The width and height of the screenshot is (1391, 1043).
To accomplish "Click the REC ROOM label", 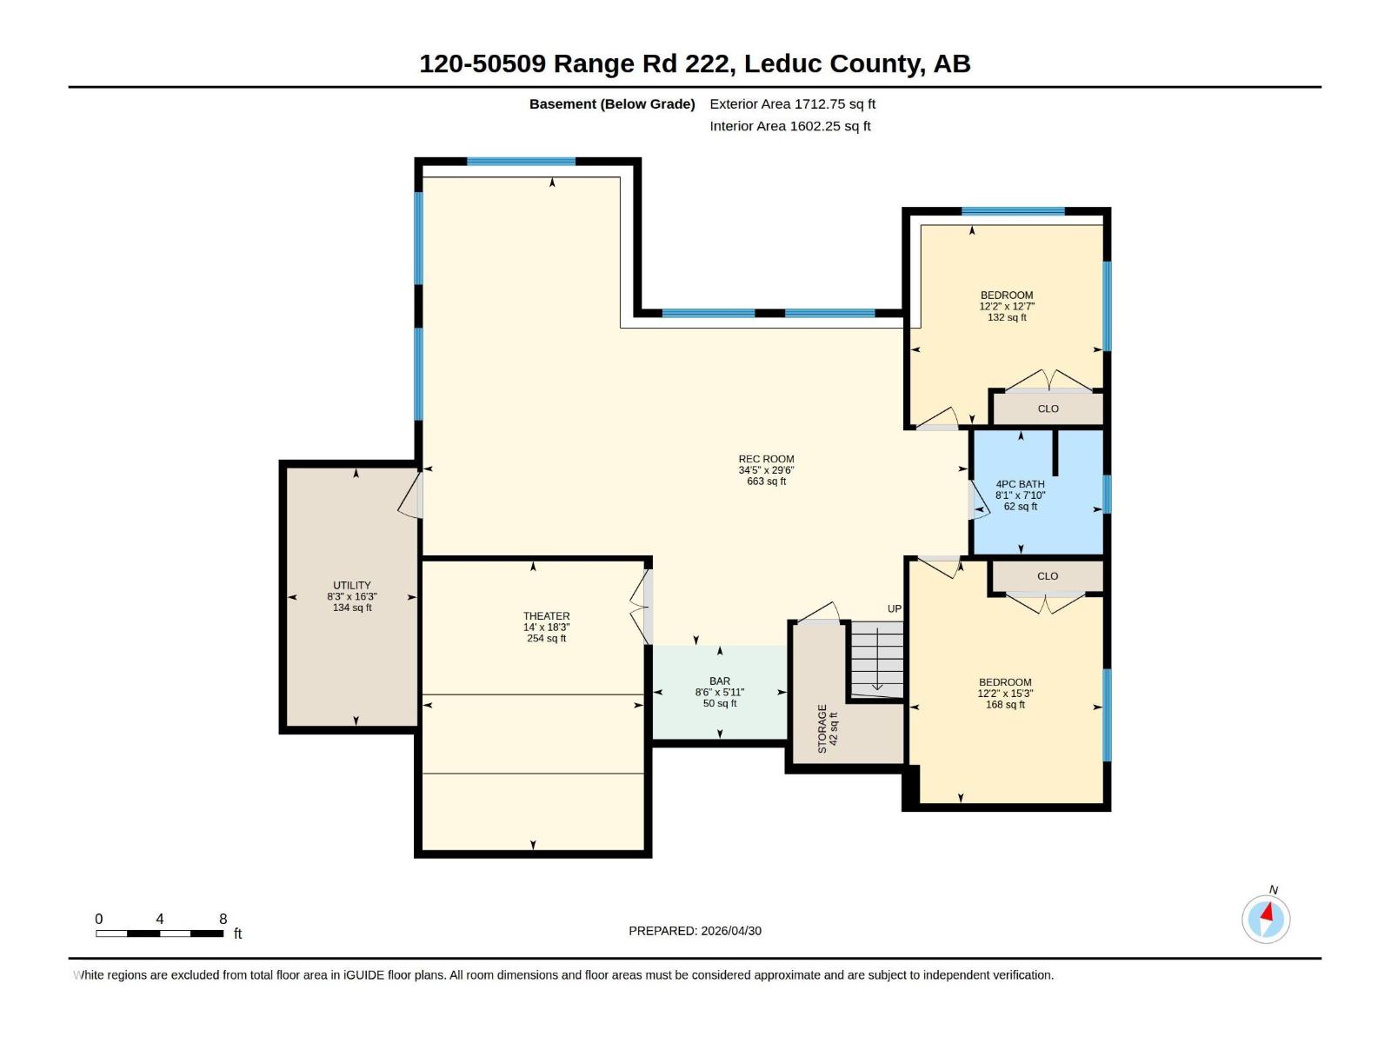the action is tap(766, 459).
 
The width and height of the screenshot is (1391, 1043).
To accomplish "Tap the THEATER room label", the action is tap(546, 616).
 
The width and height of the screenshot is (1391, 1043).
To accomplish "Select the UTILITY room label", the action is tap(352, 586).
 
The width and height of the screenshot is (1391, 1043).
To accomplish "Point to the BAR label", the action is tap(720, 681).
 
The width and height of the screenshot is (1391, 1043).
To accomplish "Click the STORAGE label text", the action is tap(822, 729).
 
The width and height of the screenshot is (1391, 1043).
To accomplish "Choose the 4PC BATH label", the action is tap(1021, 484).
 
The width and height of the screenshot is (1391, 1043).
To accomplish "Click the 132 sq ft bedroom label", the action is tap(1007, 296).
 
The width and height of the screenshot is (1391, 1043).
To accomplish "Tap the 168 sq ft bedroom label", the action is tap(1005, 682).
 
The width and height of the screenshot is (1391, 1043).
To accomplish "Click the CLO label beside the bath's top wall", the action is tap(1048, 409).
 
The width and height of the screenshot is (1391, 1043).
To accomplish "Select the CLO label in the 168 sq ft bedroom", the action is tap(1048, 576).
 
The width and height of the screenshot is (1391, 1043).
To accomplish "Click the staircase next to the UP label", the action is tap(876, 659).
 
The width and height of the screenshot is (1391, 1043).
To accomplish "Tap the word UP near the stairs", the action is tap(895, 609).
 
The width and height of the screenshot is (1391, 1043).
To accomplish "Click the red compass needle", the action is tap(1267, 913).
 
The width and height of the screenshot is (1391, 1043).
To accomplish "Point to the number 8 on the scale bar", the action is tap(223, 919).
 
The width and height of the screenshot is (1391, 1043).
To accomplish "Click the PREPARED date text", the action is tap(695, 931).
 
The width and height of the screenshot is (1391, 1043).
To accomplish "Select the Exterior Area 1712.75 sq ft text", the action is tap(793, 104).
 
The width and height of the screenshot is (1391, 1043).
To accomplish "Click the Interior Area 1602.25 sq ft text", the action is tap(790, 127).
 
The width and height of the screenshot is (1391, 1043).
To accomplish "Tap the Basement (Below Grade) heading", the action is tap(612, 104).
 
